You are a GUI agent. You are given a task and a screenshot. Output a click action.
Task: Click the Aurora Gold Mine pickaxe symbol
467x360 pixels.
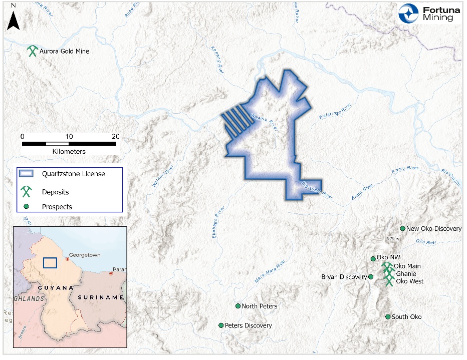click(x=33, y=51)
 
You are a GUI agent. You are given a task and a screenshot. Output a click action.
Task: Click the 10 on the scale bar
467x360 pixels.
click(x=69, y=136)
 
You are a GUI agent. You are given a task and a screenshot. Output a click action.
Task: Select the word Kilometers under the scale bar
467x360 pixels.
click(x=69, y=151)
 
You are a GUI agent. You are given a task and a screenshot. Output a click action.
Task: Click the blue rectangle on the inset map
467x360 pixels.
click(x=50, y=263)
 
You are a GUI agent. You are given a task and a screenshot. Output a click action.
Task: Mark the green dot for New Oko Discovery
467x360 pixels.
click(x=402, y=228)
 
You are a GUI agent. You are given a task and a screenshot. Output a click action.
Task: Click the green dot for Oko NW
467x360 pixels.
click(x=373, y=259)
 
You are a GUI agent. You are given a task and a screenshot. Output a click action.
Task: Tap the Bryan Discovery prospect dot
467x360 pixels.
click(x=371, y=277)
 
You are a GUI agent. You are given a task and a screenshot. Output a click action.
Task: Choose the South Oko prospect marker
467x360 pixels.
click(x=388, y=317)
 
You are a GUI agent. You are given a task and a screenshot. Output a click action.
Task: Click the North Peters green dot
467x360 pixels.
click(x=238, y=306)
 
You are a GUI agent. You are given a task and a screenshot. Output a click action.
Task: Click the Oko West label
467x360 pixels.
click(x=409, y=281)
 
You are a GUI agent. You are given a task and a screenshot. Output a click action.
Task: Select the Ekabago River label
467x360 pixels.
click(x=216, y=223)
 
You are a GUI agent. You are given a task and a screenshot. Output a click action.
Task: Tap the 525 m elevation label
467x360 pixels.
click(x=393, y=238)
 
